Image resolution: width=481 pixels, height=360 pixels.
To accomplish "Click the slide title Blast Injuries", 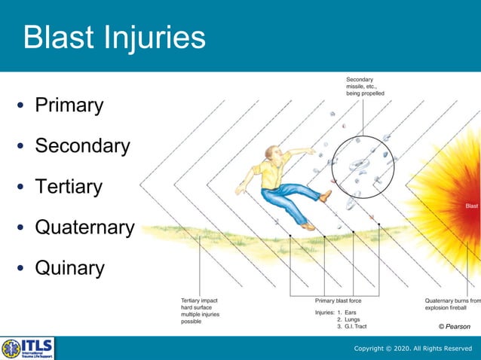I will pos(114,38).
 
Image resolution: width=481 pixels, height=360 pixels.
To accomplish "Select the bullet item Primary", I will pos(69,105).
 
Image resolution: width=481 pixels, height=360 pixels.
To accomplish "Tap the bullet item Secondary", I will pos(82,145).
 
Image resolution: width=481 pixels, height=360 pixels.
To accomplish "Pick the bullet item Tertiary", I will pos(68,186).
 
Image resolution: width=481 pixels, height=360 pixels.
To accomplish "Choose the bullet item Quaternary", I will pos(84,227).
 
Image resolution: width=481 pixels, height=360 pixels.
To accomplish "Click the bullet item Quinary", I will pos(69,267).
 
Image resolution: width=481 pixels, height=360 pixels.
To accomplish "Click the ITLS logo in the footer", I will pos(28,348).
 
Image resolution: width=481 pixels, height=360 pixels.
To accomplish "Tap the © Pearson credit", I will pos(454,326).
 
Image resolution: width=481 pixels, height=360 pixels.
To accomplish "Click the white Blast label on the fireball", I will pos(471,206).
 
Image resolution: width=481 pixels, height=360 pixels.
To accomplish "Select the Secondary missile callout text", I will pos(365,87).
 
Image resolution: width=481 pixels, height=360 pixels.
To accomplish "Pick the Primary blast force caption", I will pos(338,301).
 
